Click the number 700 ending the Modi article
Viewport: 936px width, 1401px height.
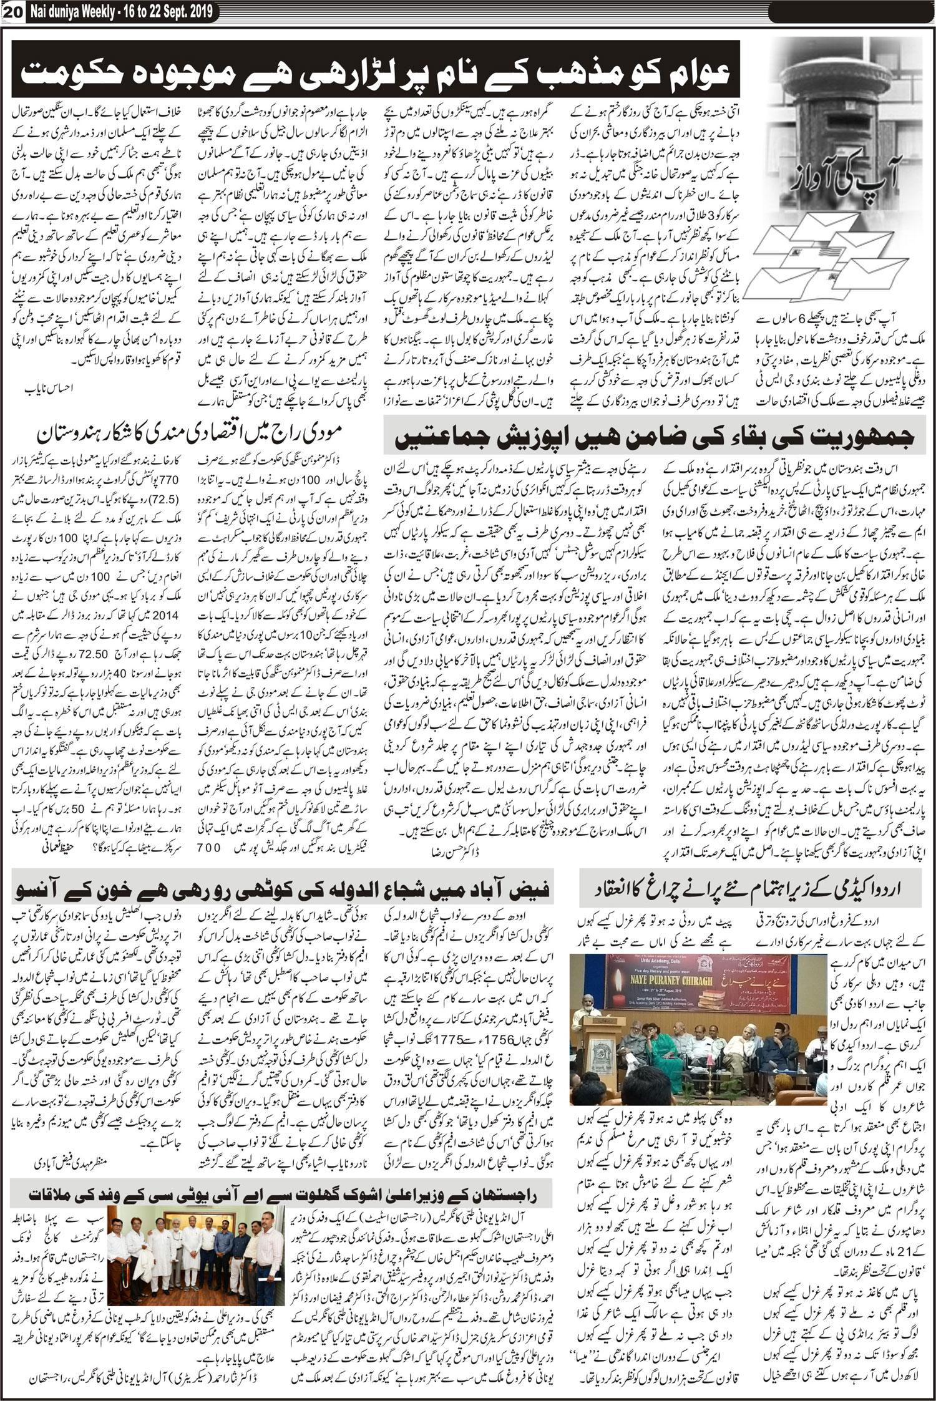click(208, 847)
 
